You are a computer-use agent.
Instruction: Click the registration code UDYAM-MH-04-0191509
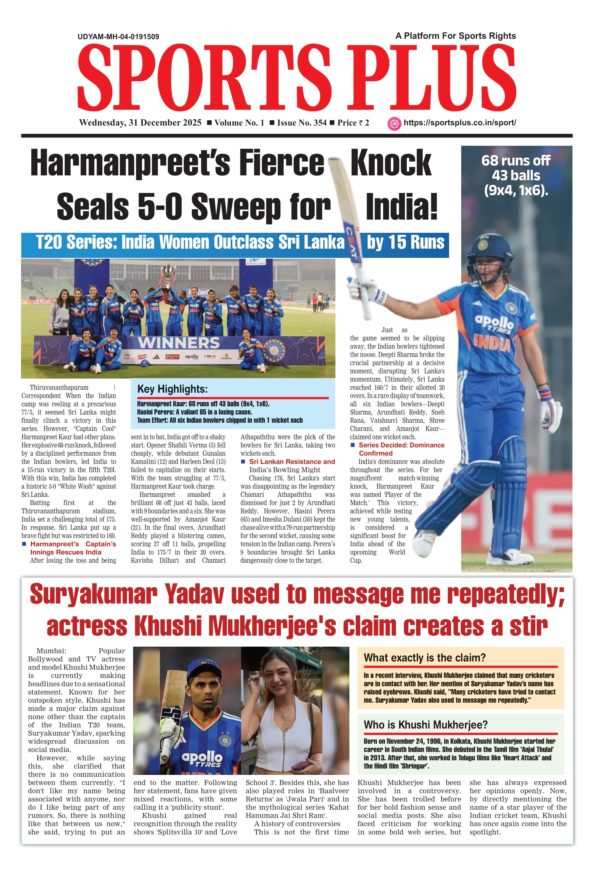click(x=118, y=37)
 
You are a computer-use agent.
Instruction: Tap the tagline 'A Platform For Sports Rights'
click(x=456, y=36)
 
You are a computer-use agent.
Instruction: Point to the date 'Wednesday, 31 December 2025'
click(x=140, y=123)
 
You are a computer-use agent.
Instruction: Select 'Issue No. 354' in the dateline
click(x=302, y=123)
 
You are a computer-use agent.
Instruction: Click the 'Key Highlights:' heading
click(x=172, y=389)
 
